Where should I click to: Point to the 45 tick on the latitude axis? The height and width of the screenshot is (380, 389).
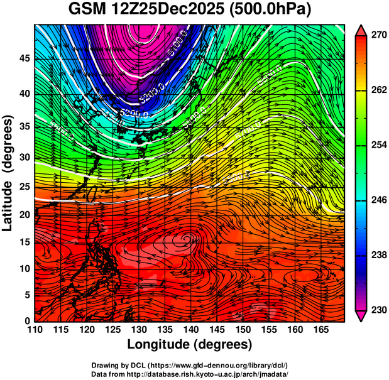[23, 58]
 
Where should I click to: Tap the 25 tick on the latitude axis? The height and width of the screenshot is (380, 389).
[23, 187]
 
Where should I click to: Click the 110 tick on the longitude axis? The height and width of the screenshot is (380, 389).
[35, 329]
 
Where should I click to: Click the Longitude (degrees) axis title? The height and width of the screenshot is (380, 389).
[190, 344]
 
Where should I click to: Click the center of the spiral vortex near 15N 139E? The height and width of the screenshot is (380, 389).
[186, 237]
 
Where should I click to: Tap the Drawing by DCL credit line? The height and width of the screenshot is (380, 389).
[189, 365]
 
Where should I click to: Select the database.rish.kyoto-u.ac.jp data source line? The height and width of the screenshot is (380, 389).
[189, 373]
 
